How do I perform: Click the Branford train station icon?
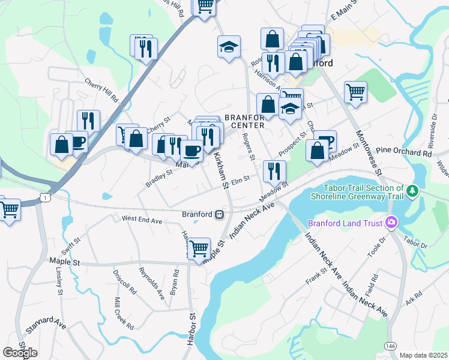pyautogui.click(x=220, y=214)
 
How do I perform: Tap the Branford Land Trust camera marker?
pyautogui.click(x=392, y=223)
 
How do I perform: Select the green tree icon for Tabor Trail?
pyautogui.click(x=412, y=191)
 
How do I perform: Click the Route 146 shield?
pyautogui.click(x=391, y=346)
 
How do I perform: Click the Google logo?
pyautogui.click(x=20, y=353)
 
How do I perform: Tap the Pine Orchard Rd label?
pyautogui.click(x=404, y=153)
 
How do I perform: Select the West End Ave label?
pyautogui.click(x=142, y=221)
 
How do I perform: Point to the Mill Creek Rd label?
pyautogui.click(x=124, y=312)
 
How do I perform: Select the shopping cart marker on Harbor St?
pyautogui.click(x=199, y=247)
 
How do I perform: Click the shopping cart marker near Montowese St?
pyautogui.click(x=355, y=92)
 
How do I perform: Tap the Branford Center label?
pyautogui.click(x=244, y=121)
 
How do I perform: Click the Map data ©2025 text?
pyautogui.click(x=423, y=355)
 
